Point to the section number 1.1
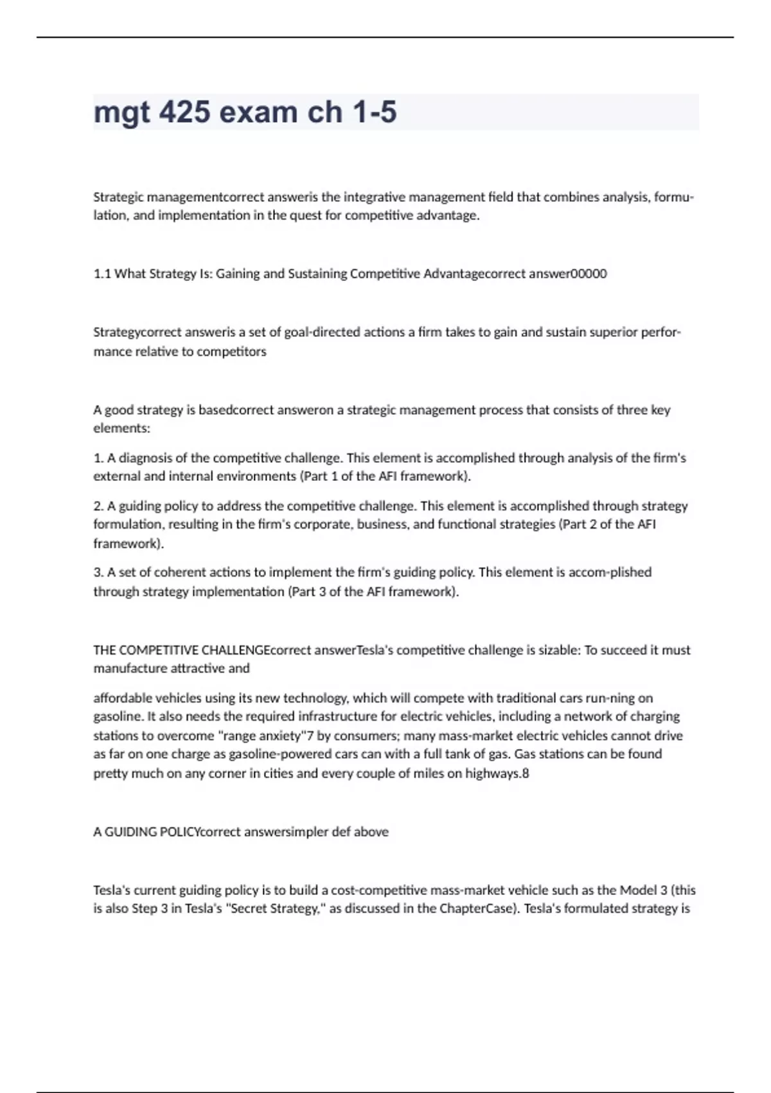pos(102,274)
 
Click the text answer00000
pos(567,274)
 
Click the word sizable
pos(556,650)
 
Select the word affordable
pos(123,698)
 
